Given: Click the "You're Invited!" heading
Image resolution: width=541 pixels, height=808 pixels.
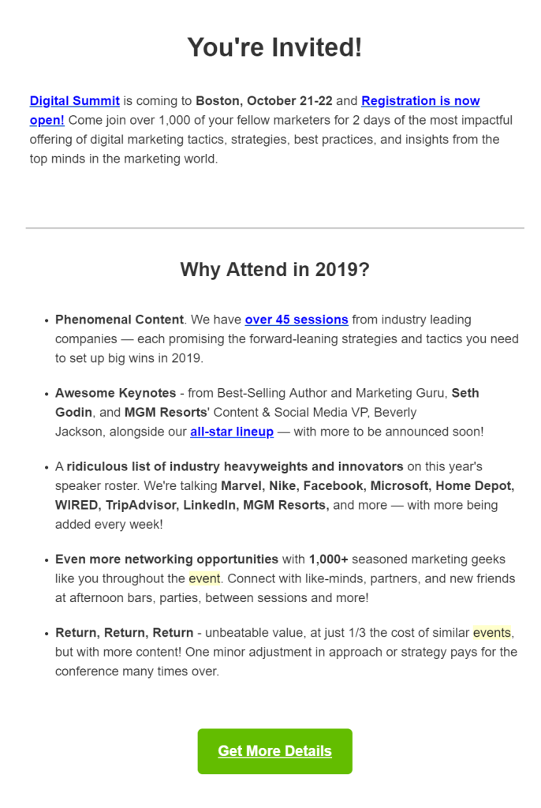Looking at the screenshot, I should pos(274,47).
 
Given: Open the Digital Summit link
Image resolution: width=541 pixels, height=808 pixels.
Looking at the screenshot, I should pos(75,101).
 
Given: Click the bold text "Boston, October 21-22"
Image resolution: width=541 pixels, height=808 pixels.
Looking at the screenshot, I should pos(264,101).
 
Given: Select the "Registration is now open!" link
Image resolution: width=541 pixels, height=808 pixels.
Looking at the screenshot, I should pos(420,101).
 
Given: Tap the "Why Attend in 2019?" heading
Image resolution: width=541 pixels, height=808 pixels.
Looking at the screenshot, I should pos(274,269).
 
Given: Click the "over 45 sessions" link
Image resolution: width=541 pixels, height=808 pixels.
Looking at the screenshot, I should pos(297,320).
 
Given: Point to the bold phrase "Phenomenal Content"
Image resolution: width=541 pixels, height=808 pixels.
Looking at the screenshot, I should pos(119,320).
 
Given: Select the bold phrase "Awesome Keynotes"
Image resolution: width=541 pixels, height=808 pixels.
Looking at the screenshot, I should pos(116,393).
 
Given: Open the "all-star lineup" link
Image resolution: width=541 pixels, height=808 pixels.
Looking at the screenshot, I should pos(232,432).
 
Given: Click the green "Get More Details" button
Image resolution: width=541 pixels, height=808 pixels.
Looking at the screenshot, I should pos(274,751).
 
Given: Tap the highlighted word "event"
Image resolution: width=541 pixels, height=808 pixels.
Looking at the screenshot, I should pos(204,578).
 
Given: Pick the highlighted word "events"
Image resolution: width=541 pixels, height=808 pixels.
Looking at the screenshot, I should pos(491,633).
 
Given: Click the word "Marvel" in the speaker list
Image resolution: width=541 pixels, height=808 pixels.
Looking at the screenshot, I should pos(241,485).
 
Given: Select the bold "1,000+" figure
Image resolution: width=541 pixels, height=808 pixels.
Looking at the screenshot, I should pos(329,559).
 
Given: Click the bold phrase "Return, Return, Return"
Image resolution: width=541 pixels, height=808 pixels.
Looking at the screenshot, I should pos(124,633).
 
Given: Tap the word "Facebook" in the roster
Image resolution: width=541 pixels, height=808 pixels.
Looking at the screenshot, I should pos(336,485).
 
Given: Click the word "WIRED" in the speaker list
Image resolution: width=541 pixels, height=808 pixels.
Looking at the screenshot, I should pos(77,505).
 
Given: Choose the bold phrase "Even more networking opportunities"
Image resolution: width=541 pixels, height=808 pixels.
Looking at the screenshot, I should pos(166,559).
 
